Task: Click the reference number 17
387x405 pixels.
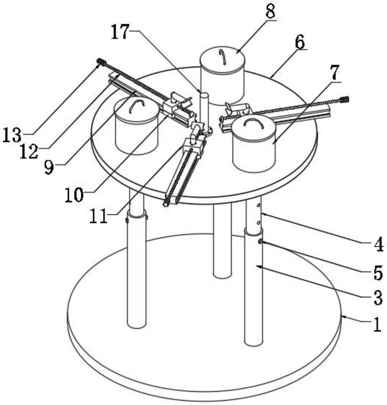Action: coord(120,32)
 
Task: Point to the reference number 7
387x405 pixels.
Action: coord(334,73)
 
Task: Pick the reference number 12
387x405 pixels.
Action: coord(29,151)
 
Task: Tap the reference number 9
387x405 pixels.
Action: coord(49,167)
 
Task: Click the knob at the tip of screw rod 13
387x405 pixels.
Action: coord(101,62)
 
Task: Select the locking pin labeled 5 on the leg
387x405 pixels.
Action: coord(261,242)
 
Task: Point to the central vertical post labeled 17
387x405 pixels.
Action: coord(204,110)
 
